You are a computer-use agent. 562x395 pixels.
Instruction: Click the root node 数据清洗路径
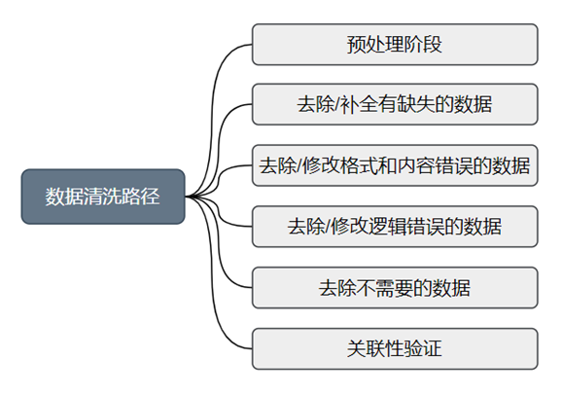coord(103,197)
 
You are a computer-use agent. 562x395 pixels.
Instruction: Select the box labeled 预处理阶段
coord(395,45)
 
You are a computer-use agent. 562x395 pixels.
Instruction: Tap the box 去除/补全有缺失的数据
coord(395,104)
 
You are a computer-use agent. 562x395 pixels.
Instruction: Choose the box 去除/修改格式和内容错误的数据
coord(395,165)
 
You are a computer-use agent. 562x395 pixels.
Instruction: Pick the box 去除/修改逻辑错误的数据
coord(395,227)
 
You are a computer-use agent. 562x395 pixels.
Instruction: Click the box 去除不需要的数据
coord(395,287)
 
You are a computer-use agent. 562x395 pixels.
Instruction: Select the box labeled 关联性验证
coord(395,348)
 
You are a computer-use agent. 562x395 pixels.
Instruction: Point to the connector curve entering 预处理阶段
coord(213,108)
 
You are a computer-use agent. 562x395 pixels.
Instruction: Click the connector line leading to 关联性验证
coord(213,287)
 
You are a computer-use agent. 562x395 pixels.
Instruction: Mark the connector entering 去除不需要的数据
coord(218,251)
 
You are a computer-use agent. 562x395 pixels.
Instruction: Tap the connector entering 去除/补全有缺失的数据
coord(218,144)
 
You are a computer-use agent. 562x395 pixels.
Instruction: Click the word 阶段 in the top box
coord(423,45)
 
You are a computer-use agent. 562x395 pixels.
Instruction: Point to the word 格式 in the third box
coord(359,165)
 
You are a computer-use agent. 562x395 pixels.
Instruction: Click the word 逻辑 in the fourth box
coord(386,227)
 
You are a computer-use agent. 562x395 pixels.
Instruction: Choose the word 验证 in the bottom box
coord(423,348)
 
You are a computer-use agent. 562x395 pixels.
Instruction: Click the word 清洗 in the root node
coord(102,197)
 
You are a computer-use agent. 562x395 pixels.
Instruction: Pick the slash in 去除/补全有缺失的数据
coord(336,105)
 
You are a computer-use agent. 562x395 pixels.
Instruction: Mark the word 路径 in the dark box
coord(140,197)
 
